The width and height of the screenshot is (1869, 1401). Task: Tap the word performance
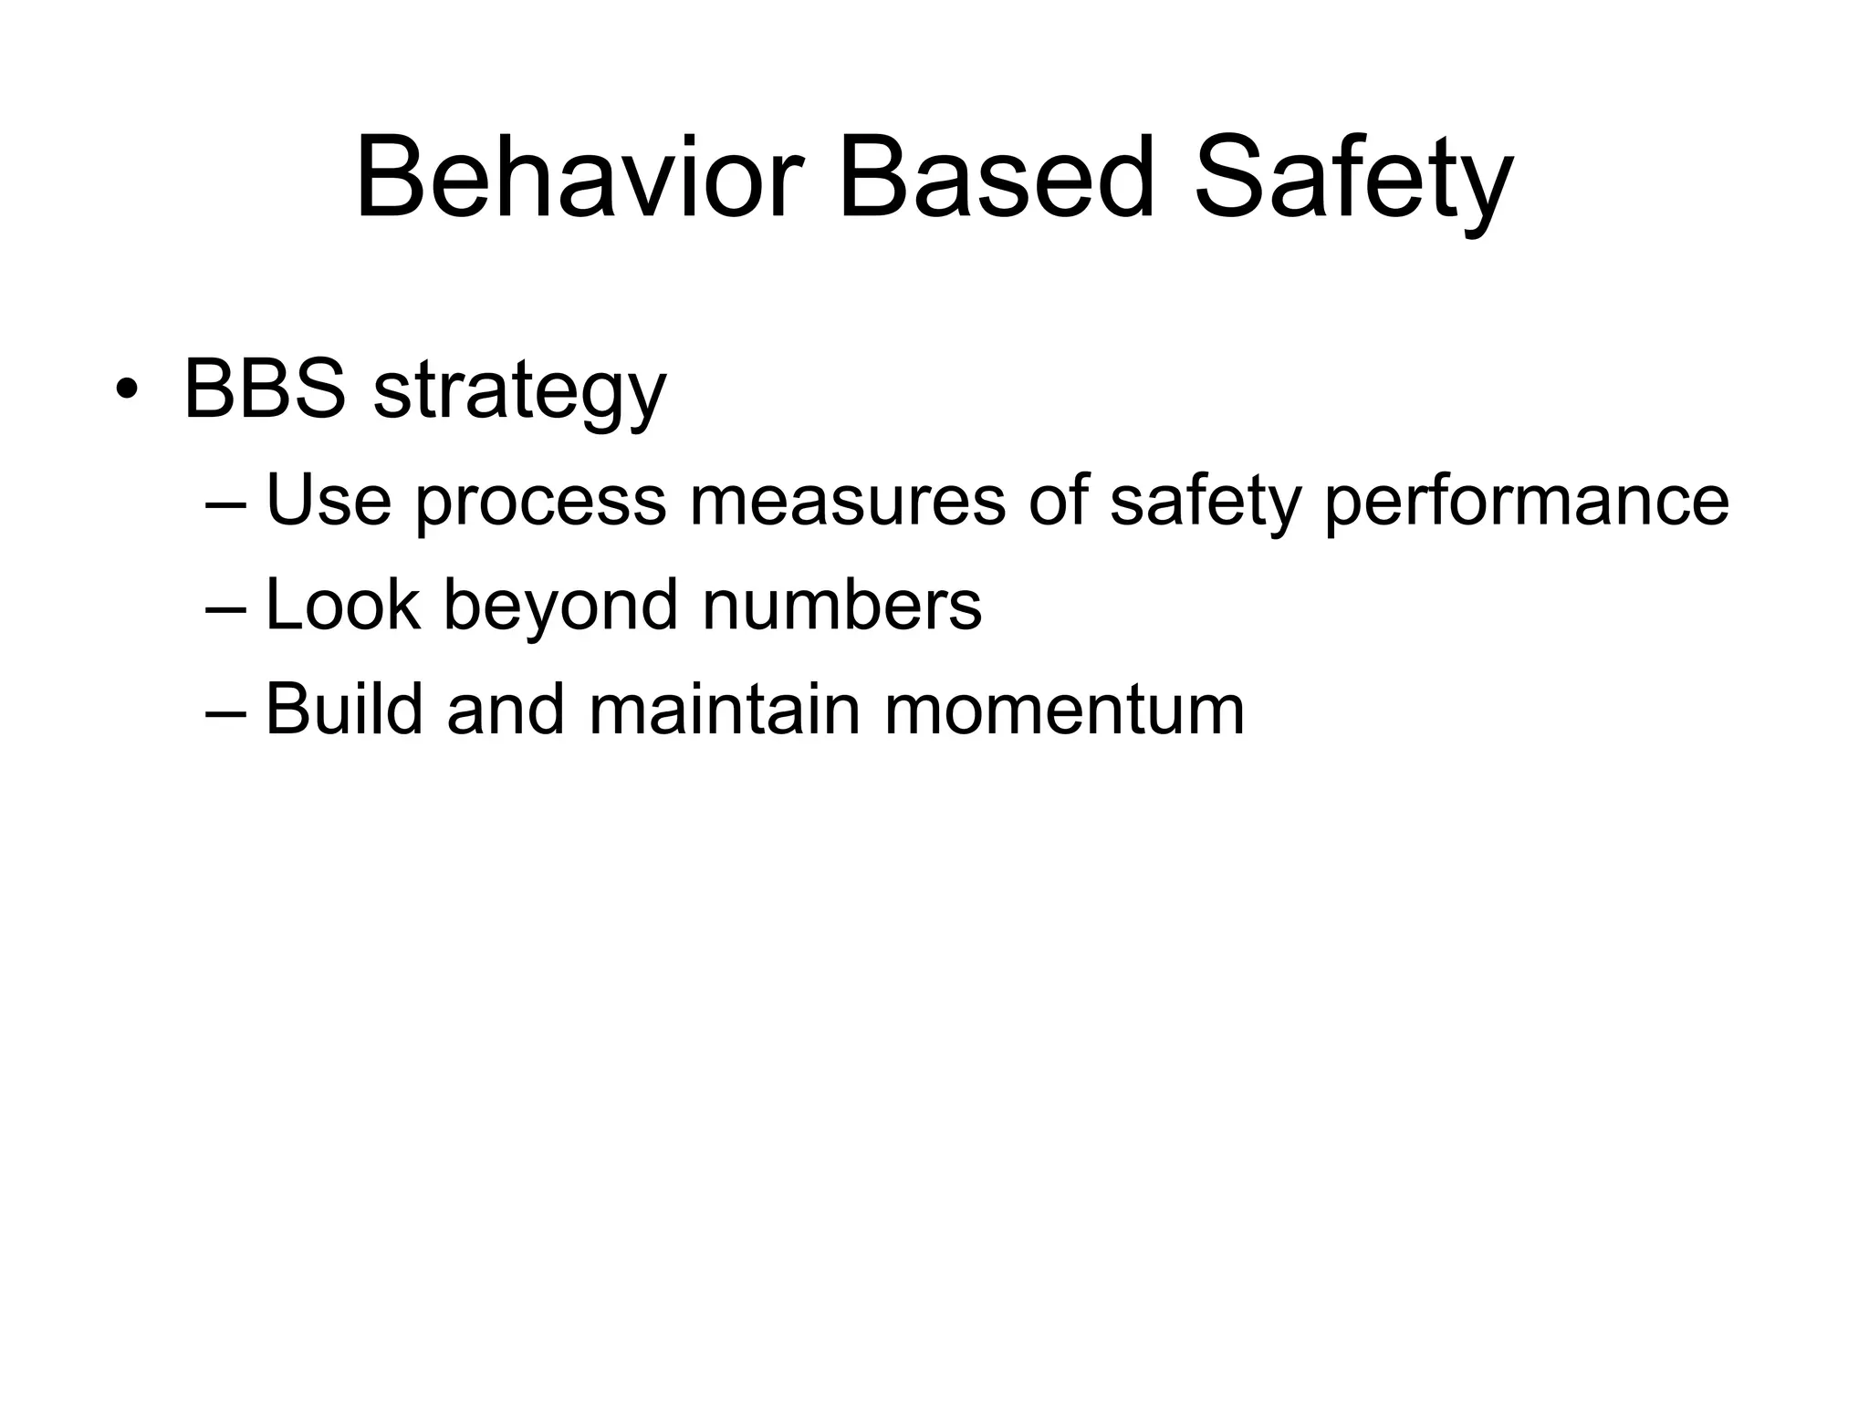pos(1526,503)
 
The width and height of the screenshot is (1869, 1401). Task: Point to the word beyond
pos(560,607)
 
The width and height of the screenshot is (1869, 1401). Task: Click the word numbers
pos(841,605)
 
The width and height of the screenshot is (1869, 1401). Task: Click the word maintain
pos(725,709)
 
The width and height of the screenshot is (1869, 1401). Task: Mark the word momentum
pos(1064,711)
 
